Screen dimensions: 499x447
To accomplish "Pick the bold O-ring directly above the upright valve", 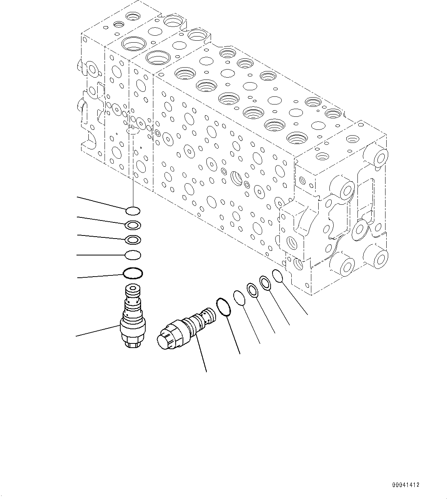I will pyautogui.click(x=133, y=274).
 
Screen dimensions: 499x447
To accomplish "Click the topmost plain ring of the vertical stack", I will pyautogui.click(x=133, y=211).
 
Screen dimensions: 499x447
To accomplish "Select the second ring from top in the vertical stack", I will pyautogui.click(x=133, y=225).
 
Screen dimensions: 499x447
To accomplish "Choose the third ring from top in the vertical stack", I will pyautogui.click(x=133, y=240).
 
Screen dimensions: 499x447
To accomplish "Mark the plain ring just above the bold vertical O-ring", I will pyautogui.click(x=133, y=255).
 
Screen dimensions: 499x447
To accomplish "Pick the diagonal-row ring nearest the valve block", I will pyautogui.click(x=278, y=275).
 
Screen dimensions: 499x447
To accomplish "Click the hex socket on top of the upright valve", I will pyautogui.click(x=133, y=288).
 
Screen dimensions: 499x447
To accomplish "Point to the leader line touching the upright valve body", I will pyautogui.click(x=98, y=331).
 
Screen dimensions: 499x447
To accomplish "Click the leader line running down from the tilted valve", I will pyautogui.click(x=201, y=353).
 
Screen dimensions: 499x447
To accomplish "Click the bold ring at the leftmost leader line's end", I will pyautogui.click(x=133, y=274).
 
